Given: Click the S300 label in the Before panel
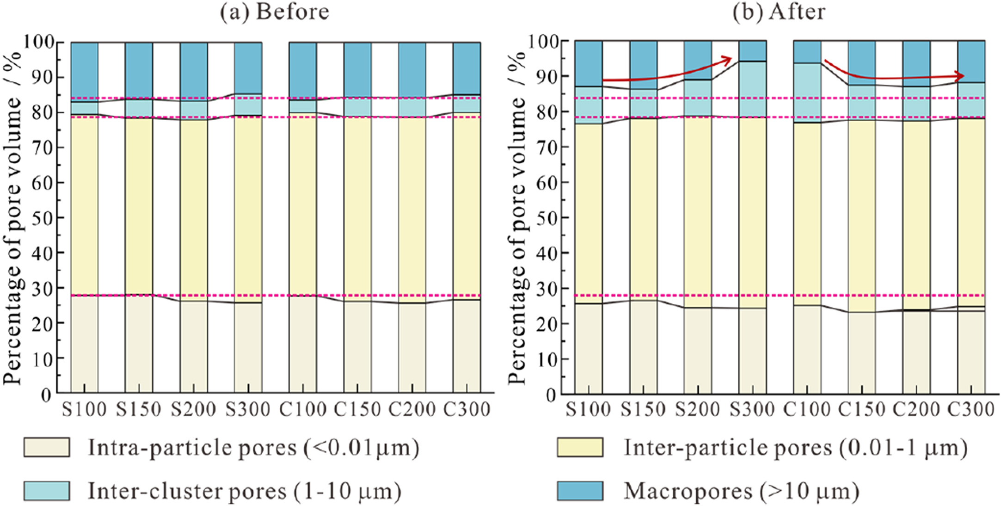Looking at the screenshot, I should tap(248, 409).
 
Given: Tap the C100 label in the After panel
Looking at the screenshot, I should tap(807, 409).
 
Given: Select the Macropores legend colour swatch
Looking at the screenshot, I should tap(580, 491).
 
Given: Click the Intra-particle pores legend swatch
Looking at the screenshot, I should tap(47, 447).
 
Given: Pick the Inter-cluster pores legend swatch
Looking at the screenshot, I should tap(47, 491).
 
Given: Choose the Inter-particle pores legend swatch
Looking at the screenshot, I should tap(580, 447).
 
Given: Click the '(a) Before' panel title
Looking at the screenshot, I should tap(275, 12).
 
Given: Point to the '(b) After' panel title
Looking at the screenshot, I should tap(779, 12).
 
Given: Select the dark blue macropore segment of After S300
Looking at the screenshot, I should tap(752, 51).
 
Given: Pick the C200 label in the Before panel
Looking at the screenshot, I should tap(412, 409).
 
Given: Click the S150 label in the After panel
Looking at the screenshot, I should tap(643, 409).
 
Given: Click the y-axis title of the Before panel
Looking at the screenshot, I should tap(13, 217).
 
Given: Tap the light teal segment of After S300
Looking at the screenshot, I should tap(752, 89).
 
